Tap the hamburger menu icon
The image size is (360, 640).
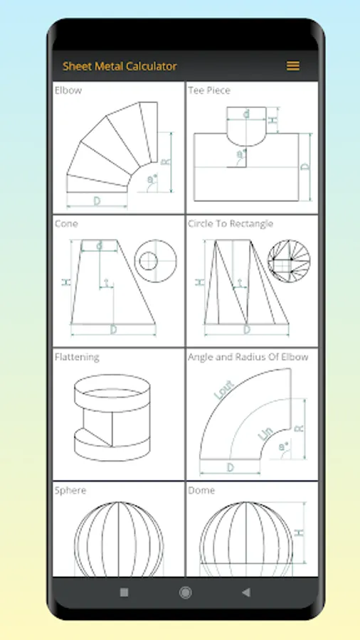coord(292,65)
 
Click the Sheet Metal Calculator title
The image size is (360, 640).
coord(120,66)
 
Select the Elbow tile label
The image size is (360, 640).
coord(68,90)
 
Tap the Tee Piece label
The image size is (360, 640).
coord(209,90)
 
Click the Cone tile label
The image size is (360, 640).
coord(66,224)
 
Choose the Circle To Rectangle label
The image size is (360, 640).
coord(231,224)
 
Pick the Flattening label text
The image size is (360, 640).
coord(77,357)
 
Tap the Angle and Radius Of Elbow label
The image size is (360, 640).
coord(248,357)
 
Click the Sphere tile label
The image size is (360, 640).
coord(70,490)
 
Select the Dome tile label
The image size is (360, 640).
coord(201,490)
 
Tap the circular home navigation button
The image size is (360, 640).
coord(185,592)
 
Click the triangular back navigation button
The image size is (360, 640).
coord(245,592)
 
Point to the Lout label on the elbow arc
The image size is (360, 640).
coord(223,390)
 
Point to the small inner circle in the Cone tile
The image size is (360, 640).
coord(148,261)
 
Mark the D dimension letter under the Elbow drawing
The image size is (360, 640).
coord(97,201)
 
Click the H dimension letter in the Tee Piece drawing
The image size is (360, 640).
coord(273,120)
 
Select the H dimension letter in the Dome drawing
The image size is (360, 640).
coord(300,532)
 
